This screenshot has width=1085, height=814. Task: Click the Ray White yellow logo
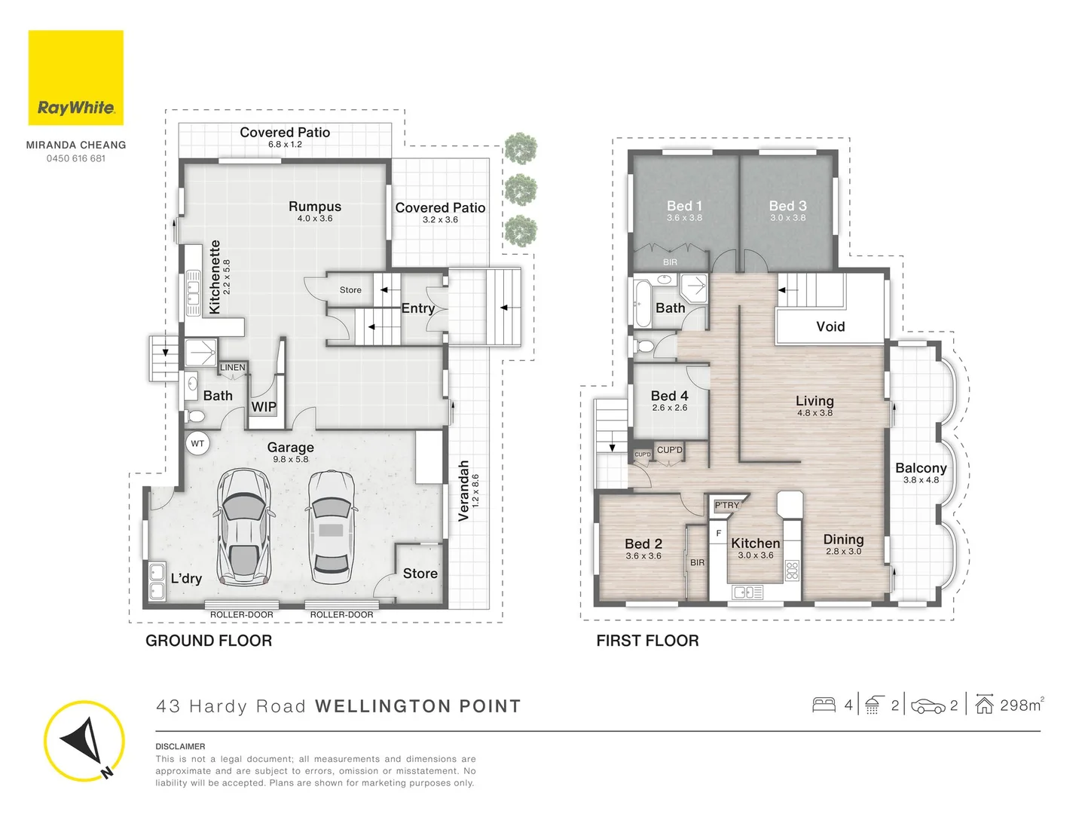75,78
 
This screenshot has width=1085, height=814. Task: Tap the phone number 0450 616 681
76,158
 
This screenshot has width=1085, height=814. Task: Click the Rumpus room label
314,207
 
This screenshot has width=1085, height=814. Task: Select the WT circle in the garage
197,443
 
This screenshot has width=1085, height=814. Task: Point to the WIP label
264,407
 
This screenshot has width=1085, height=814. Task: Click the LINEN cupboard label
232,368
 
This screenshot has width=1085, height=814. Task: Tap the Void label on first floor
830,326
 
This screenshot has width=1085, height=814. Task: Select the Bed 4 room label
669,396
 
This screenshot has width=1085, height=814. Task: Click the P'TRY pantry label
727,505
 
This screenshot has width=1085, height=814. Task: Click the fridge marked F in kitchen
719,533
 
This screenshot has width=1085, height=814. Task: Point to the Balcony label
921,468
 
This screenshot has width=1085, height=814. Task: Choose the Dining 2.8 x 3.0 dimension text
843,552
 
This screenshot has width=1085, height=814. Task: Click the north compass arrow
83,741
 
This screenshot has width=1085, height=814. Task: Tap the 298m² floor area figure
1021,705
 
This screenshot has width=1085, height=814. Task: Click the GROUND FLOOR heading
209,641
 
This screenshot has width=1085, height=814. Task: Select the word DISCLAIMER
180,746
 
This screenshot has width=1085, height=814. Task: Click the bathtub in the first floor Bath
642,304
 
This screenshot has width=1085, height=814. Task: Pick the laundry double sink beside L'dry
157,581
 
